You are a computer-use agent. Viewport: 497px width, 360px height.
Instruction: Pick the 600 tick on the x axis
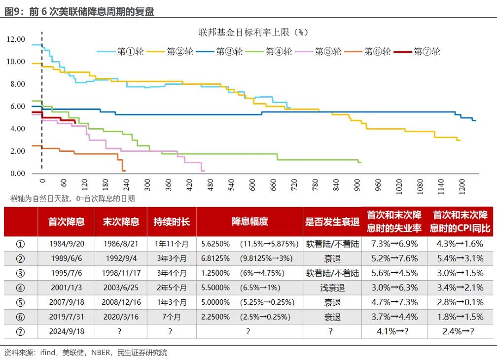coord(252,184)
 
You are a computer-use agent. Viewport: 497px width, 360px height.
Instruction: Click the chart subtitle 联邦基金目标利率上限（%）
coord(252,32)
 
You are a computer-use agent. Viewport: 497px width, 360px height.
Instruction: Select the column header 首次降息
coord(66,221)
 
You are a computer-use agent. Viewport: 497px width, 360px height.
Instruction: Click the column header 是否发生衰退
coord(332,221)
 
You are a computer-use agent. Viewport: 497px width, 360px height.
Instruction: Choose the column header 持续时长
coord(172,221)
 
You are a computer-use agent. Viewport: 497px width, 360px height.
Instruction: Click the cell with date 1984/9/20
coord(66,244)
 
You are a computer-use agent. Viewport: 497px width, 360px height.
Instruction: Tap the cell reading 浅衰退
coord(332,288)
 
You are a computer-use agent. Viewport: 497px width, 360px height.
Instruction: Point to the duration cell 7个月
coord(171,317)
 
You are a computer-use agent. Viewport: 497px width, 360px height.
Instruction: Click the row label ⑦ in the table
coord(20,331)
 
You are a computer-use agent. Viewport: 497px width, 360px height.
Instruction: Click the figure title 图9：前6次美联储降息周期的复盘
coord(79,11)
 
